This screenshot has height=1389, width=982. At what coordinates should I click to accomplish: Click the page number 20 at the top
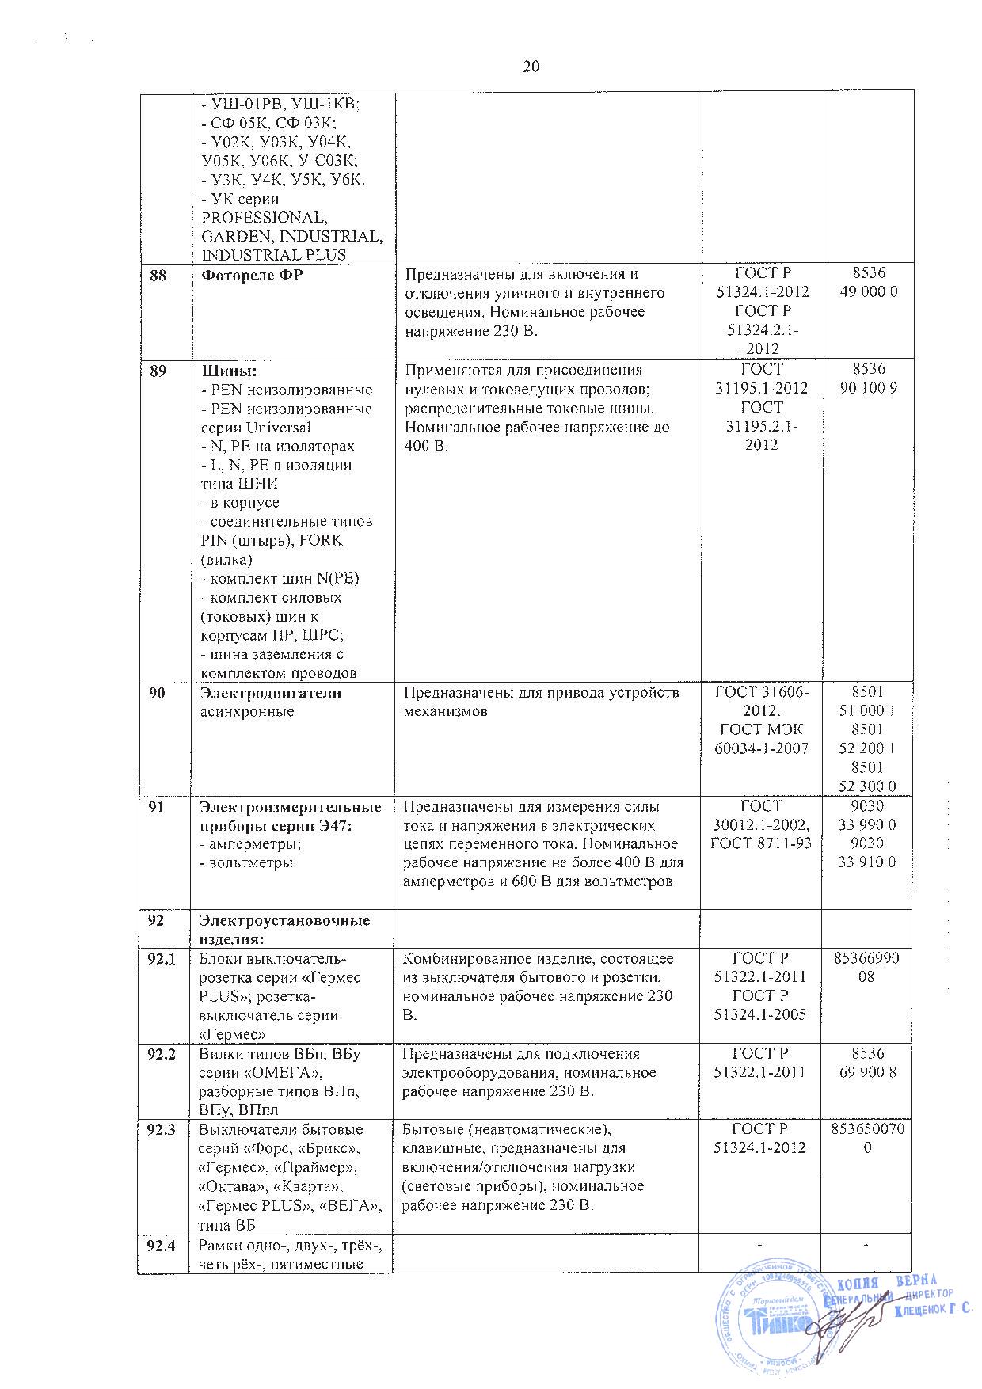(531, 67)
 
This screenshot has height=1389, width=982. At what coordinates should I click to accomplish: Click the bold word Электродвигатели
(270, 693)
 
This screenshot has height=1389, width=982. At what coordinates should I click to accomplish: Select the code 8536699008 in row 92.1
(868, 968)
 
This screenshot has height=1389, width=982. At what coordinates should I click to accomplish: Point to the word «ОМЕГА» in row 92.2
(284, 1073)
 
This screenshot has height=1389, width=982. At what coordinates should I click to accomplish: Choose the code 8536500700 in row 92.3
(868, 1139)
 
